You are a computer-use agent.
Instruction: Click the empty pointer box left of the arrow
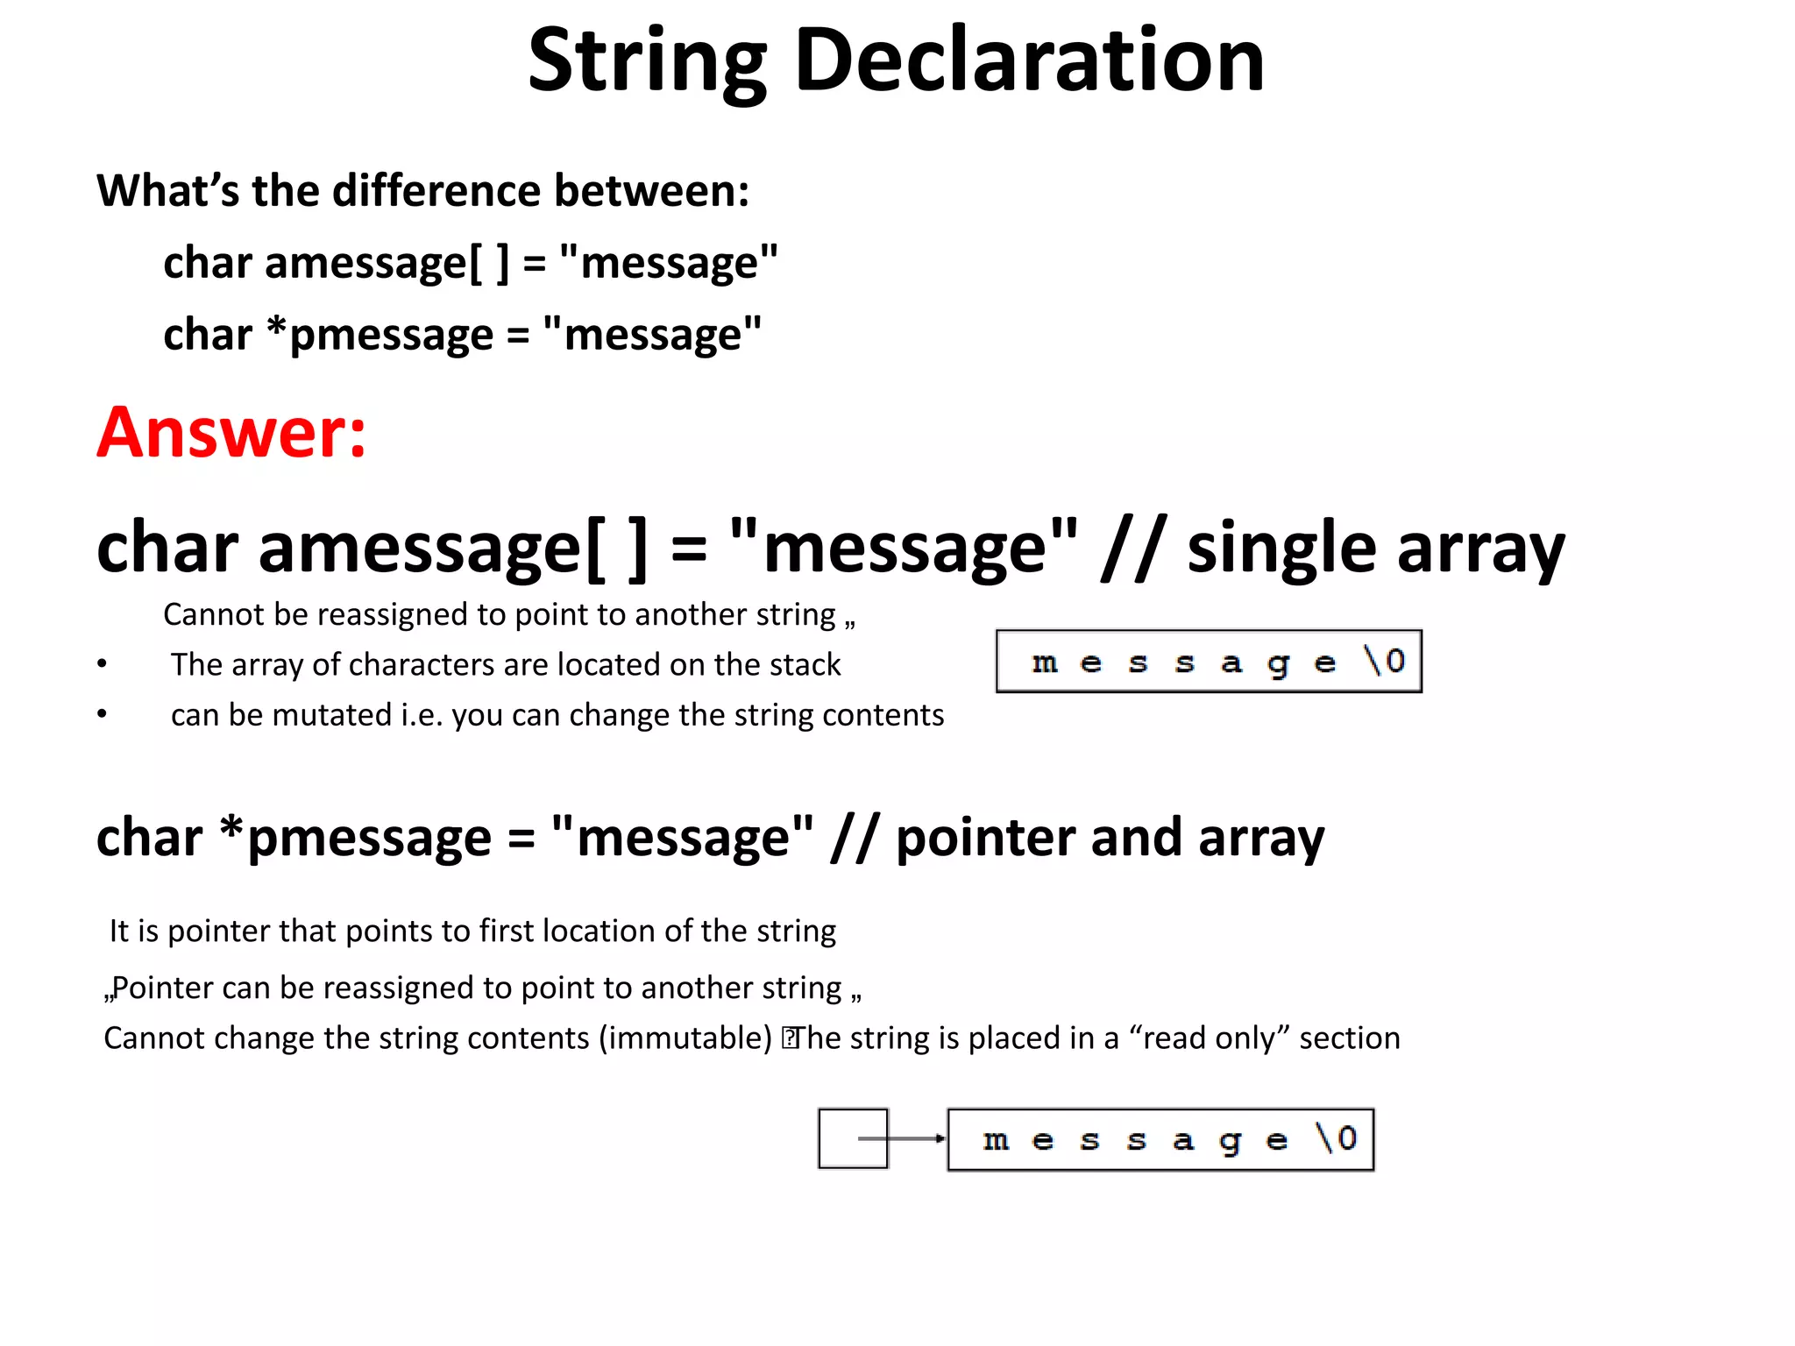pos(852,1138)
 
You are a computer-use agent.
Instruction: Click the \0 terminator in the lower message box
pos(1337,1138)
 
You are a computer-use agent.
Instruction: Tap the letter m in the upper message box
pos(1044,662)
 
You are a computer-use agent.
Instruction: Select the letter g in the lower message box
pos(1231,1141)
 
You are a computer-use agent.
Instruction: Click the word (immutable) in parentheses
pos(685,1038)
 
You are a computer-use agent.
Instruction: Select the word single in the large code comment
pos(1281,548)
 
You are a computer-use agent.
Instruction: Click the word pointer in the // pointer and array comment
pos(984,839)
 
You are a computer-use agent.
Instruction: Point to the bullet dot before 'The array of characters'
pos(103,664)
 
